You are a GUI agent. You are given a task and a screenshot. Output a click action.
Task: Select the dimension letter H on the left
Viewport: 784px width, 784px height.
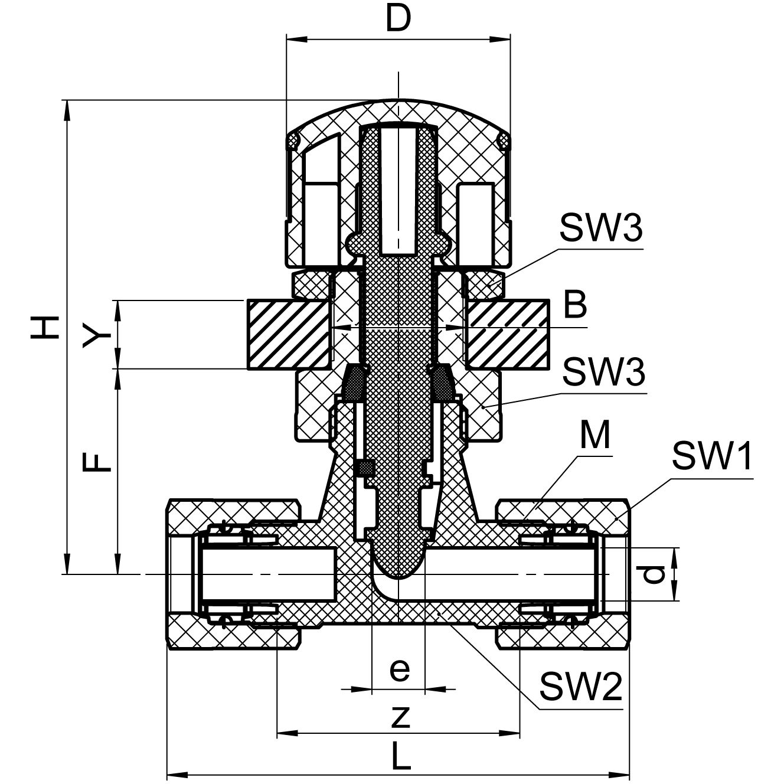[46, 327]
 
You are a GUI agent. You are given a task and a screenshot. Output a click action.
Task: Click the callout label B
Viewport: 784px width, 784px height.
[574, 306]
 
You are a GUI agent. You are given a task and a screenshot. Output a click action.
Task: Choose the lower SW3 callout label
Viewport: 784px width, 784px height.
[604, 371]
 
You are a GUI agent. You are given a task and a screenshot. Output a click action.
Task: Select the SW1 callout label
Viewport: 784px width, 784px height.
[713, 456]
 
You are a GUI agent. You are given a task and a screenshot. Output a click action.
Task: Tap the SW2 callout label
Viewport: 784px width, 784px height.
[581, 687]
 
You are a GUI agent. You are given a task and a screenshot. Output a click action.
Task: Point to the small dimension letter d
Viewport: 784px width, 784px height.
[655, 574]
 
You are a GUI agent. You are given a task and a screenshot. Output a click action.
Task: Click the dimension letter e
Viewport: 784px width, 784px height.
[400, 669]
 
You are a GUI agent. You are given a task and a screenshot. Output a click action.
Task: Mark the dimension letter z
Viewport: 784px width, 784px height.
[400, 716]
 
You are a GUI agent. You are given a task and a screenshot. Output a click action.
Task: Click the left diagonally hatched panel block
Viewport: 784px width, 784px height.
[288, 334]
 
